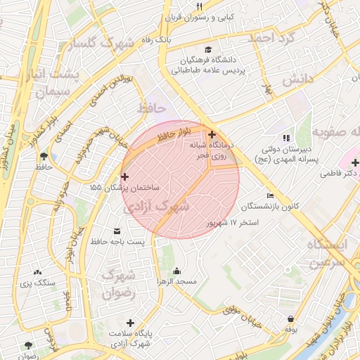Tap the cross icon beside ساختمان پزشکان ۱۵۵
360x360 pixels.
pyautogui.click(x=125, y=176)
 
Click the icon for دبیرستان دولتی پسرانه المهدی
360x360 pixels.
pyautogui.click(x=285, y=139)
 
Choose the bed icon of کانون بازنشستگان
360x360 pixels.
pyautogui.click(x=271, y=196)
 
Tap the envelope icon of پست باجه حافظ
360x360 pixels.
pyautogui.click(x=116, y=231)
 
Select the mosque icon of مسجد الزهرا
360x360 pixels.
pyautogui.click(x=176, y=271)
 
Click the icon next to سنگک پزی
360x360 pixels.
pyautogui.click(x=37, y=272)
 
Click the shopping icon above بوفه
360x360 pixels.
pyautogui.click(x=290, y=319)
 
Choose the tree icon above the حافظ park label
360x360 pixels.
pyautogui.click(x=44, y=155)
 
